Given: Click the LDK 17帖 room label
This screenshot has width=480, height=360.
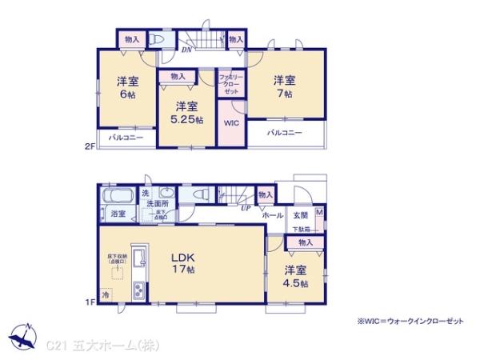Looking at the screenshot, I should pyautogui.click(x=184, y=263).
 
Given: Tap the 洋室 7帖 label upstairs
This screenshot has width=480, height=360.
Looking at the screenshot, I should pyautogui.click(x=285, y=86).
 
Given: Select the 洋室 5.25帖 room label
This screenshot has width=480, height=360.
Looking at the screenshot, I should pyautogui.click(x=187, y=111).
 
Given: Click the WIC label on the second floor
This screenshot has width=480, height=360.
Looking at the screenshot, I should pyautogui.click(x=230, y=124).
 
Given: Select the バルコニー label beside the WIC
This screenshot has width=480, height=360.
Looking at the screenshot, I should pyautogui.click(x=285, y=133).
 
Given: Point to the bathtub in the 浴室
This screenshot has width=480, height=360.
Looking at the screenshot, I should pyautogui.click(x=117, y=196).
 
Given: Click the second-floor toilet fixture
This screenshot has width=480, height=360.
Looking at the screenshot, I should pyautogui.click(x=156, y=39).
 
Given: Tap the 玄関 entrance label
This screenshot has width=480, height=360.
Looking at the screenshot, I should pyautogui.click(x=300, y=215).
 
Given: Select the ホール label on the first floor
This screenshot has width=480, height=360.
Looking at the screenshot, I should pyautogui.click(x=273, y=215).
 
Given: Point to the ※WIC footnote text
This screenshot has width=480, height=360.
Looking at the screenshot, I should pyautogui.click(x=410, y=320).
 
